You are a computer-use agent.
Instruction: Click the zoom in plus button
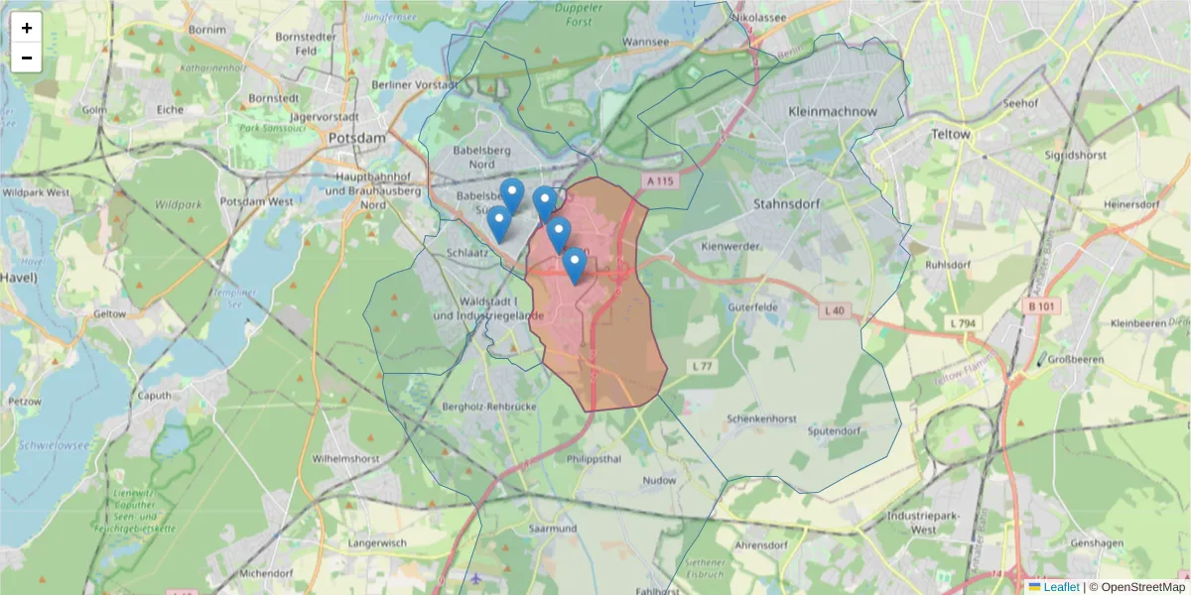click(27, 28)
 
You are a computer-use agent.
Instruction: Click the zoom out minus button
click(27, 58)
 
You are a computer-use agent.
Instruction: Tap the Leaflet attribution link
click(1061, 587)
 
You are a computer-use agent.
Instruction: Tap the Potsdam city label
click(356, 139)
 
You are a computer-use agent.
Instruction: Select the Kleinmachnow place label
click(832, 112)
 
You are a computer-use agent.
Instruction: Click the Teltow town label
click(951, 133)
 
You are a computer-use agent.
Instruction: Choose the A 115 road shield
click(658, 181)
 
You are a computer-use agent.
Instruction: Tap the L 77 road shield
click(703, 367)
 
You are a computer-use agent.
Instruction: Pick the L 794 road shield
click(963, 323)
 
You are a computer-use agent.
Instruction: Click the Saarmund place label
click(554, 529)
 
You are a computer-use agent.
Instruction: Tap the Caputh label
click(156, 396)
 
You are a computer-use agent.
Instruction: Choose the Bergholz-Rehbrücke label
click(489, 408)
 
